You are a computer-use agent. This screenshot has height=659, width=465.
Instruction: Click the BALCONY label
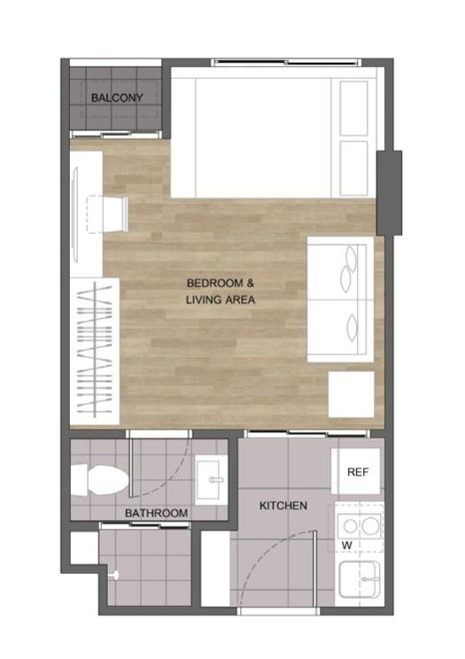117,98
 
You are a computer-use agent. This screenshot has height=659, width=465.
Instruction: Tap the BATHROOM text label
157,513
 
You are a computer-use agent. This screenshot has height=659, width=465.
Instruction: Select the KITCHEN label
283,505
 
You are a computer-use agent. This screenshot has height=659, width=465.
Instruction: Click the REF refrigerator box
357,471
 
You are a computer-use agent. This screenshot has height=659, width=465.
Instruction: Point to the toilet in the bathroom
99,479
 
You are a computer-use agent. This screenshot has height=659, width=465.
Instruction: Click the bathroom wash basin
211,480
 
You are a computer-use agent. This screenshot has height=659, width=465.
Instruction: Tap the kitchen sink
360,579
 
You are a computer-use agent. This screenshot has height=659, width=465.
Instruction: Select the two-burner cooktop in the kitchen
360,525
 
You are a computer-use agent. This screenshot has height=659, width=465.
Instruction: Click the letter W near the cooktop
347,546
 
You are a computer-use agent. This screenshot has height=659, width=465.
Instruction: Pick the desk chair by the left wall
108,214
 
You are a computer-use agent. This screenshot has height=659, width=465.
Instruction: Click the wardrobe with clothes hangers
95,351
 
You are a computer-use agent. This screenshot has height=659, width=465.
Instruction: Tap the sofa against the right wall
340,299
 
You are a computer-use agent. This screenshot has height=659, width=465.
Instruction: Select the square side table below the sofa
351,394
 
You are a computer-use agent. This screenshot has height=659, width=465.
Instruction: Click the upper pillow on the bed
353,108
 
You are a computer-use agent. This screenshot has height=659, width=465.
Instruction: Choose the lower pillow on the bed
353,168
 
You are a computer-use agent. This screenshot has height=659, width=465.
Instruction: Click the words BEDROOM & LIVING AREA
221,291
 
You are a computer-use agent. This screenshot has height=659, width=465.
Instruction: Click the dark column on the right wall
389,193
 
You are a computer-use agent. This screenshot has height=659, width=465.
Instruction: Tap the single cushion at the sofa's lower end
352,329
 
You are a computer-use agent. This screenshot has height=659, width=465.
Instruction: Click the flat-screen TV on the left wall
75,214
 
